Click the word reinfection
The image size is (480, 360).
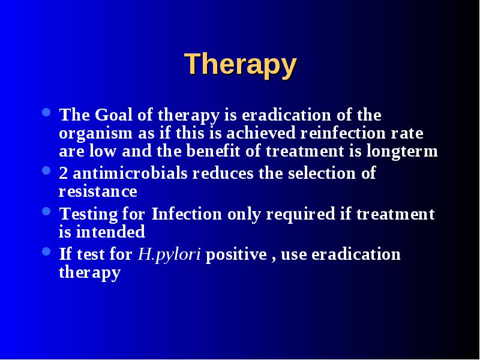point(343,133)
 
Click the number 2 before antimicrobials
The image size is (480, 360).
point(64,173)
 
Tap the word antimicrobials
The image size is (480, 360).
point(130,173)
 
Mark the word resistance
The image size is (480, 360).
point(98,191)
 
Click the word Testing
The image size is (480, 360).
point(88,215)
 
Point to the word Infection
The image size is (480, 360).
point(187,214)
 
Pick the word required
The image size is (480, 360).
point(301,215)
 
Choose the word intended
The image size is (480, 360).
point(110,232)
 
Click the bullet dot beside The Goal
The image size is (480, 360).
point(46,112)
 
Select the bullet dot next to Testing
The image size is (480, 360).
point(46,211)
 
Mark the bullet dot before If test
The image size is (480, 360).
point(46,251)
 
